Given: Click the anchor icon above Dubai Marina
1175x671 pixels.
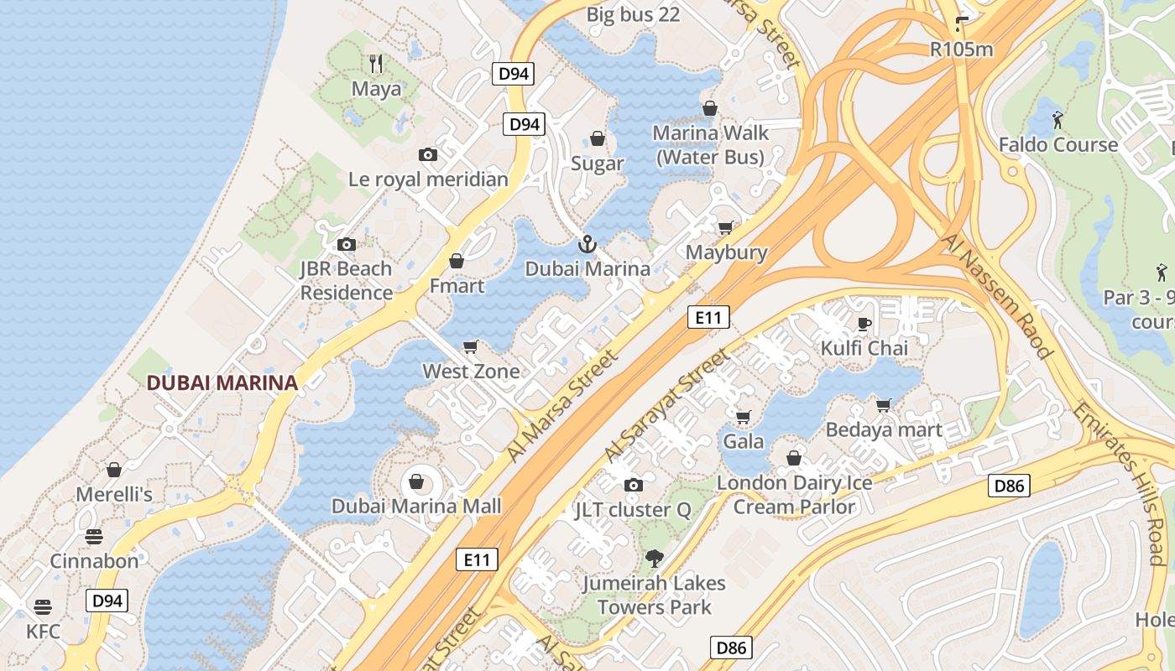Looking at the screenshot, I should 587,244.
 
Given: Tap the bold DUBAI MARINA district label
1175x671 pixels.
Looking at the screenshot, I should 222,382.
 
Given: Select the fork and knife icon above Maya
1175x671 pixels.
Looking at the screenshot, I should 376,63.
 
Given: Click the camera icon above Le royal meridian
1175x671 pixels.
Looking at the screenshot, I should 428,154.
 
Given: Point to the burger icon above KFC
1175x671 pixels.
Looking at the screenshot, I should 43,606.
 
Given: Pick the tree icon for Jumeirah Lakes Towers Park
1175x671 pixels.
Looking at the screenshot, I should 654,558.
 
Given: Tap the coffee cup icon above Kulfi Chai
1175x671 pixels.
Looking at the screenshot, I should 864,323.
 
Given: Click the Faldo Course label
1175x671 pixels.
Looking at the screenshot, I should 1057,145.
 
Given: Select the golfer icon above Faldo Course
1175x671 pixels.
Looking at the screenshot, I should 1057,119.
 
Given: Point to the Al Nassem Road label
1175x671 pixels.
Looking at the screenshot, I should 997,295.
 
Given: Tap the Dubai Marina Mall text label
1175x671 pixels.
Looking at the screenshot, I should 416,506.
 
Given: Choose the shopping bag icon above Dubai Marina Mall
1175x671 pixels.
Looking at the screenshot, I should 415,481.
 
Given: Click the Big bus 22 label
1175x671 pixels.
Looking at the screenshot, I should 633,14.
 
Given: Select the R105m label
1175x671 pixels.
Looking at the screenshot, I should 961,49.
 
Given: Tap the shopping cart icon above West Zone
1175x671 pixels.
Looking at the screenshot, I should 471,346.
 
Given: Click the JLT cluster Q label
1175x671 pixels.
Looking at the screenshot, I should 633,510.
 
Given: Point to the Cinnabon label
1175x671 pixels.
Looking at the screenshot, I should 94,561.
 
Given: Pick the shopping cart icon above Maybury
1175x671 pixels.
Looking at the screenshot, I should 725,227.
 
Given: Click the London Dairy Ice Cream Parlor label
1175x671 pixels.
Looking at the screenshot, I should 794,495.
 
